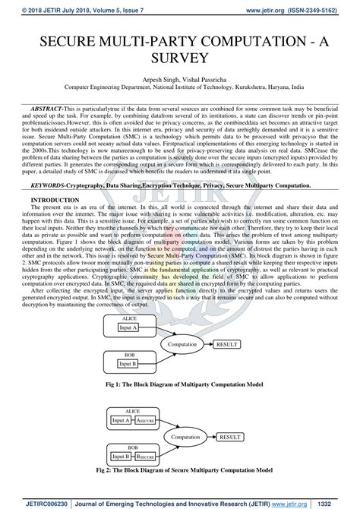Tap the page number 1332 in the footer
point(344,502)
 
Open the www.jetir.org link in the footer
point(302,502)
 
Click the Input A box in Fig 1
point(128,327)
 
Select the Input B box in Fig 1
point(128,363)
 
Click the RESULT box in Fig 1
point(227,344)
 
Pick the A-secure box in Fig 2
point(146,420)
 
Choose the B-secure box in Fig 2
point(146,458)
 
